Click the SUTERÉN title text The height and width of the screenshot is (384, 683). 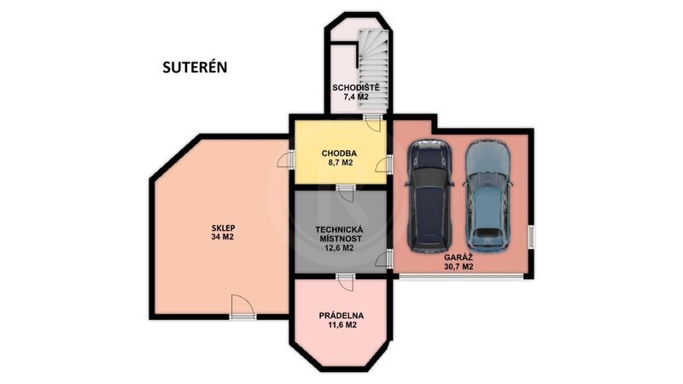(195, 67)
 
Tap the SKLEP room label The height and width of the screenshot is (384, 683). (223, 228)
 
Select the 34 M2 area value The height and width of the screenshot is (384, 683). (223, 237)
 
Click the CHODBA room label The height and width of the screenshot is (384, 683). (339, 154)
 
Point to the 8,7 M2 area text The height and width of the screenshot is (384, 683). (340, 163)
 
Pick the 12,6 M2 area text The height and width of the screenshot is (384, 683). (339, 248)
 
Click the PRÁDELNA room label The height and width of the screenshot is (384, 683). (341, 316)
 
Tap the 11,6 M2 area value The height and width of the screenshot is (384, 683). (341, 325)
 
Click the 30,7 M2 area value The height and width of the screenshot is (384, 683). (458, 267)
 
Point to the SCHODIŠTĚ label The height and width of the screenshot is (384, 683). (356, 88)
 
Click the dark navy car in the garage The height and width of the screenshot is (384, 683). (429, 196)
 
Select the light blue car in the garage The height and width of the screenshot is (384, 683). (487, 196)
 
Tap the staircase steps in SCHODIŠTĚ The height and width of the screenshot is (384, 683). (373, 70)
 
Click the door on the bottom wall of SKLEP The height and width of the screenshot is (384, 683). (242, 306)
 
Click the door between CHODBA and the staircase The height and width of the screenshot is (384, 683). (373, 122)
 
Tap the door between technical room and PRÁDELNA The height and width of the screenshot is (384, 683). (346, 282)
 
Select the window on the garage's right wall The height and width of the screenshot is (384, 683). (531, 237)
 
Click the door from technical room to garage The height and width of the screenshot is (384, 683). (384, 259)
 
